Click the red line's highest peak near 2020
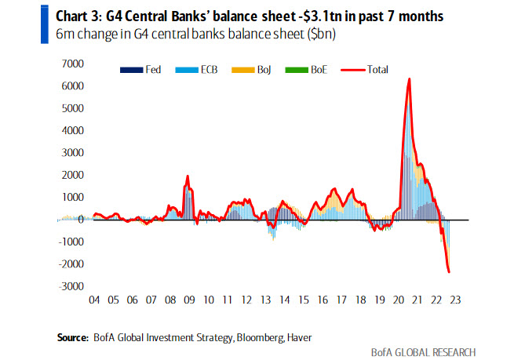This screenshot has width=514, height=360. [409, 79]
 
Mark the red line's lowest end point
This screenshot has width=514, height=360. [449, 272]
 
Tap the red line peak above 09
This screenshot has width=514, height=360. [188, 176]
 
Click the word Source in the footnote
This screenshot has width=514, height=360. [71, 337]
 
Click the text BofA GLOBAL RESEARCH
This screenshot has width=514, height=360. [424, 351]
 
